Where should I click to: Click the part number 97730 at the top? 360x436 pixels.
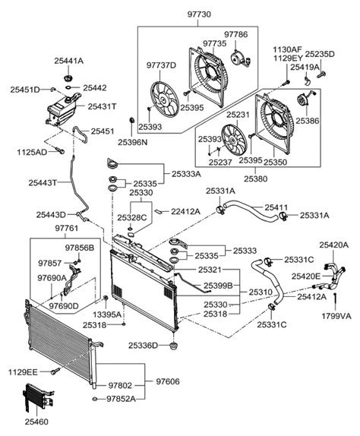coord(198,14)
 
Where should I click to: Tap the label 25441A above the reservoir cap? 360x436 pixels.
coord(68,61)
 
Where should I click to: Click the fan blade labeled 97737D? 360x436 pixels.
coord(165,99)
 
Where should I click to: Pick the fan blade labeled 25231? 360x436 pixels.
coord(234,142)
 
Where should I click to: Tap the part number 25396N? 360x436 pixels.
coord(133,142)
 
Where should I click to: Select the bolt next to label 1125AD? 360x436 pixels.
coord(60,150)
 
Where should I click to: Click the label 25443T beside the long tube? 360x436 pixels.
coord(43,183)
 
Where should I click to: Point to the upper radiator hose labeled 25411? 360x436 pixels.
coord(251,211)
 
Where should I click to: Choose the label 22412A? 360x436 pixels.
coord(185,212)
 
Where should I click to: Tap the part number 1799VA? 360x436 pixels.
coord(336,316)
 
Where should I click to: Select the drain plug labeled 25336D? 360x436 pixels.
coord(173,346)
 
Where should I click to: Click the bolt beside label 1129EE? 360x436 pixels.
coord(55,371)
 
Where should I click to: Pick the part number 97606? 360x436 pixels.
coord(168,381)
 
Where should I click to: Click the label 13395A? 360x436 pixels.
coord(107,314)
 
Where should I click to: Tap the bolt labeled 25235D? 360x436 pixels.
coord(321,74)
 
